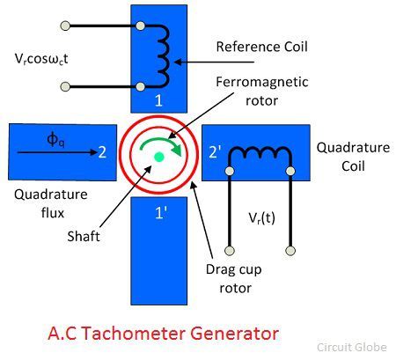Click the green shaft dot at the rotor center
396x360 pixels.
pyautogui.click(x=158, y=158)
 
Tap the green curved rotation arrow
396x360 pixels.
pyautogui.click(x=160, y=141)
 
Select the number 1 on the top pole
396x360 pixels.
pyautogui.click(x=158, y=100)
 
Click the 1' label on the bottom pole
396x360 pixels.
pyautogui.click(x=161, y=212)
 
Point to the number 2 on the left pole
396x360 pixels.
pyautogui.click(x=102, y=152)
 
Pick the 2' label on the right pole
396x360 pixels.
pyautogui.click(x=215, y=152)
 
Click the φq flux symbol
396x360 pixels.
pyautogui.click(x=55, y=139)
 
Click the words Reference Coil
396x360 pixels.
pyautogui.click(x=262, y=47)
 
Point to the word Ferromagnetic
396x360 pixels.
pyautogui.click(x=262, y=82)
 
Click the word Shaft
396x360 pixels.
pyautogui.click(x=84, y=236)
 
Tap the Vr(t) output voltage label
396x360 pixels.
pyautogui.click(x=261, y=218)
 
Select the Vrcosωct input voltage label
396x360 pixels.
pyautogui.click(x=41, y=59)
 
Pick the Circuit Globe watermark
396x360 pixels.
pyautogui.click(x=352, y=348)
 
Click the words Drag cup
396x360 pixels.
pyautogui.click(x=233, y=270)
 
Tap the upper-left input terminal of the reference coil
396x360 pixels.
pyautogui.click(x=65, y=26)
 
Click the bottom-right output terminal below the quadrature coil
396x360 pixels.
pyautogui.click(x=290, y=251)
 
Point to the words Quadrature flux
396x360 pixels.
pyautogui.click(x=51, y=203)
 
